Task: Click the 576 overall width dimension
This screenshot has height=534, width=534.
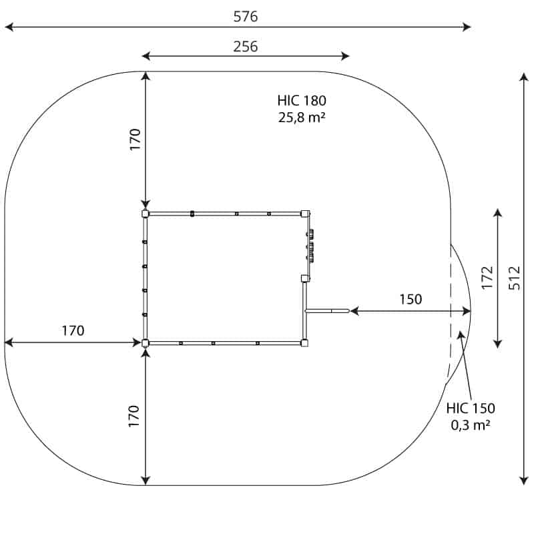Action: coord(246,17)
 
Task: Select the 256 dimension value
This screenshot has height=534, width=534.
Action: coord(246,47)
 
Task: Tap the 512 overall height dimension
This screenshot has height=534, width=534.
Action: coord(514,278)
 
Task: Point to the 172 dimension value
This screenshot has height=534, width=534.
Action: coord(487,278)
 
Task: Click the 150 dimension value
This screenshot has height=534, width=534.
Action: coord(411,299)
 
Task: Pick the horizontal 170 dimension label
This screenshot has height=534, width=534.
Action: coord(73,330)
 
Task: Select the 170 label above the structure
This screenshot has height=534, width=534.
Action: coord(135,140)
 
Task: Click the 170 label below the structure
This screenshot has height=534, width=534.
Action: coord(134,416)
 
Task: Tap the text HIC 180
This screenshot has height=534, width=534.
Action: coord(302,101)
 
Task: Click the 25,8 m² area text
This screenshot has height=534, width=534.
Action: coord(302,117)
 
